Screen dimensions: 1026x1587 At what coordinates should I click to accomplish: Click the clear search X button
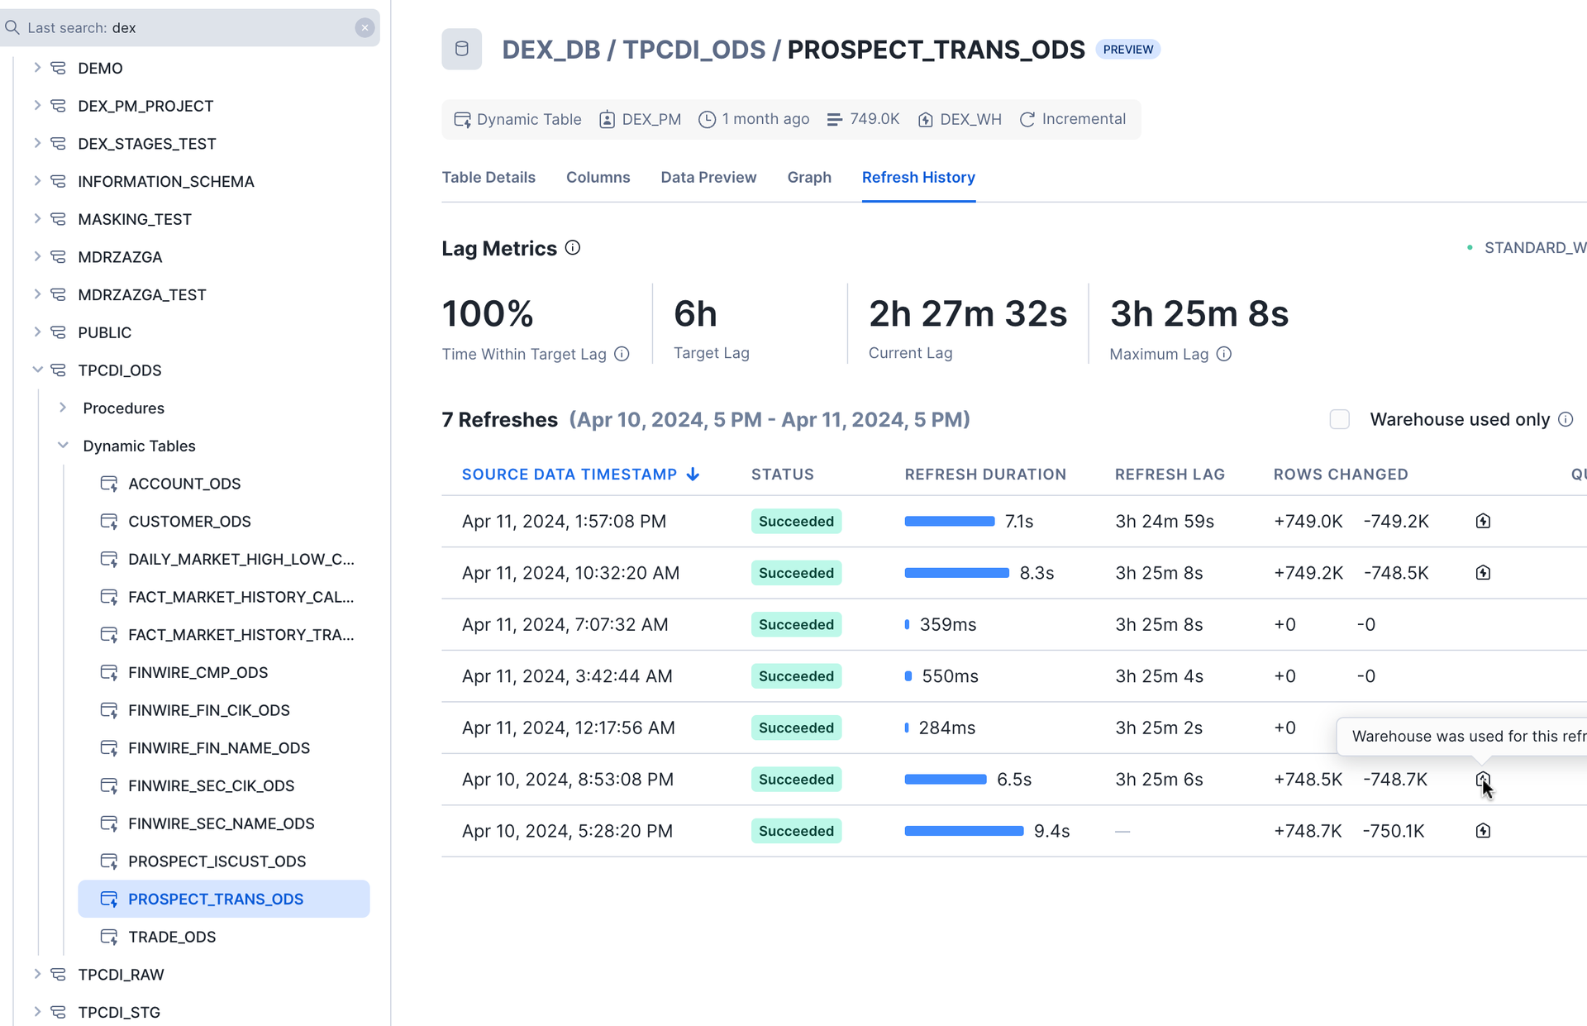coord(365,28)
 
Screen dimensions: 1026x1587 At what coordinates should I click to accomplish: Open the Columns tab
coord(598,178)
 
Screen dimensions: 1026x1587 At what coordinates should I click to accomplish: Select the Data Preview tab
coord(708,178)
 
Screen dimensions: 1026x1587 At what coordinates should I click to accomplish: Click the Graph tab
coord(808,178)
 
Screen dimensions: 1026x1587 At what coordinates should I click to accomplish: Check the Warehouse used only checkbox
coord(1339,420)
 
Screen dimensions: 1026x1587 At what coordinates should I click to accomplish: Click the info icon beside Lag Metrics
coord(573,248)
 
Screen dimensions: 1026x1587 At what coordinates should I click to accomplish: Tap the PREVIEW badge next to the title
coord(1127,50)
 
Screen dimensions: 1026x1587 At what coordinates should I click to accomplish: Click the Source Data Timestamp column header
coord(570,475)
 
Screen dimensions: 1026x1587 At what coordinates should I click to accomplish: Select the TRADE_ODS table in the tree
coord(172,937)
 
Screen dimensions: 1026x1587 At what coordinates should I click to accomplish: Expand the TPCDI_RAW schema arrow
coord(37,974)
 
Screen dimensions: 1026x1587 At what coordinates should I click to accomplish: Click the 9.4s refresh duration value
coord(1051,831)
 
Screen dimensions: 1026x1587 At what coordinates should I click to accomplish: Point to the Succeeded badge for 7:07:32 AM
coord(796,625)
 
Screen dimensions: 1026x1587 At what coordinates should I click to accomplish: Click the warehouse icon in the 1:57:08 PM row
coord(1483,522)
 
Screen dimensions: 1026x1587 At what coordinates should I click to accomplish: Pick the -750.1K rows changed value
coord(1394,831)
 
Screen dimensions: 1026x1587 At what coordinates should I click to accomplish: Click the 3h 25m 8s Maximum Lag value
coord(1199,314)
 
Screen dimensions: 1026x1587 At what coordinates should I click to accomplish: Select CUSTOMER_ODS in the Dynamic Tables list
coord(189,522)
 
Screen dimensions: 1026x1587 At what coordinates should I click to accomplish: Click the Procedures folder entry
coord(123,408)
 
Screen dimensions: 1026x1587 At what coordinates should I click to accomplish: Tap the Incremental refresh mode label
coord(1083,119)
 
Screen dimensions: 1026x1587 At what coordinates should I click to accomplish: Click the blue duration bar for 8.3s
coord(956,573)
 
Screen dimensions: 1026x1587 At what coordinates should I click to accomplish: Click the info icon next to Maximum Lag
coord(1224,354)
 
